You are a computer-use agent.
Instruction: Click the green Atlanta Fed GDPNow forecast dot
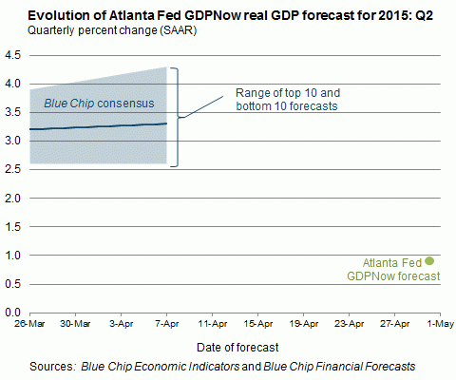[429, 261]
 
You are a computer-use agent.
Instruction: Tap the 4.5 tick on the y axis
[13, 55]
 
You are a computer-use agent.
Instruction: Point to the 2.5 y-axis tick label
[13, 169]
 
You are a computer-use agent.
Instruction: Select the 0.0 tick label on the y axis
[13, 313]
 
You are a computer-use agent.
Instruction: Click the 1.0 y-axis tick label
[13, 255]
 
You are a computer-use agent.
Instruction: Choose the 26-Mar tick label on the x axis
[29, 324]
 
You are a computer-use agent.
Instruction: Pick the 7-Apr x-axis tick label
[167, 324]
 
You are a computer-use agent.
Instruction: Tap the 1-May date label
[441, 324]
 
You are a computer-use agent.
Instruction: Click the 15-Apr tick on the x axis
[258, 324]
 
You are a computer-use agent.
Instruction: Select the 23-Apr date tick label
[350, 324]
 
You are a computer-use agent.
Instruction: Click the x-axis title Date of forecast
[237, 348]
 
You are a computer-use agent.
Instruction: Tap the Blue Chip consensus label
[99, 104]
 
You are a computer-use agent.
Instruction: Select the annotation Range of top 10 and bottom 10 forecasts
[288, 100]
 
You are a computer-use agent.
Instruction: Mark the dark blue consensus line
[98, 126]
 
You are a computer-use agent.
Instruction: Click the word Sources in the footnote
[52, 367]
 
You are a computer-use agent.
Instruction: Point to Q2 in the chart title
[424, 15]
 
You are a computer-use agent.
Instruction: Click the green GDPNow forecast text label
[393, 270]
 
